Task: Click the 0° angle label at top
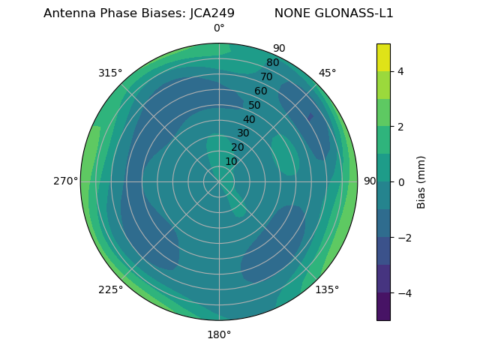(x=219, y=28)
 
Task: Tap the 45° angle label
(x=327, y=73)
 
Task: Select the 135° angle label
(x=327, y=289)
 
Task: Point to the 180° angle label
(x=219, y=334)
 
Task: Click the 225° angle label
(x=110, y=289)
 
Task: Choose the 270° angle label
(x=65, y=181)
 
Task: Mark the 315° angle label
(x=110, y=73)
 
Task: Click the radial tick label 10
(x=231, y=161)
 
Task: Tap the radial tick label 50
(x=255, y=105)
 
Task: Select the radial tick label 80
(x=272, y=63)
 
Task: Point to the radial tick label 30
(x=243, y=133)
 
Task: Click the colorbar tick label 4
(x=400, y=71)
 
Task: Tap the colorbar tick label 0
(x=400, y=182)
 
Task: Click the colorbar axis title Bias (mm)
(x=421, y=182)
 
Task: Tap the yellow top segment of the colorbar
(x=383, y=57)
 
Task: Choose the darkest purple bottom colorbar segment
(x=383, y=307)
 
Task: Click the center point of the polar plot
(x=219, y=181)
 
